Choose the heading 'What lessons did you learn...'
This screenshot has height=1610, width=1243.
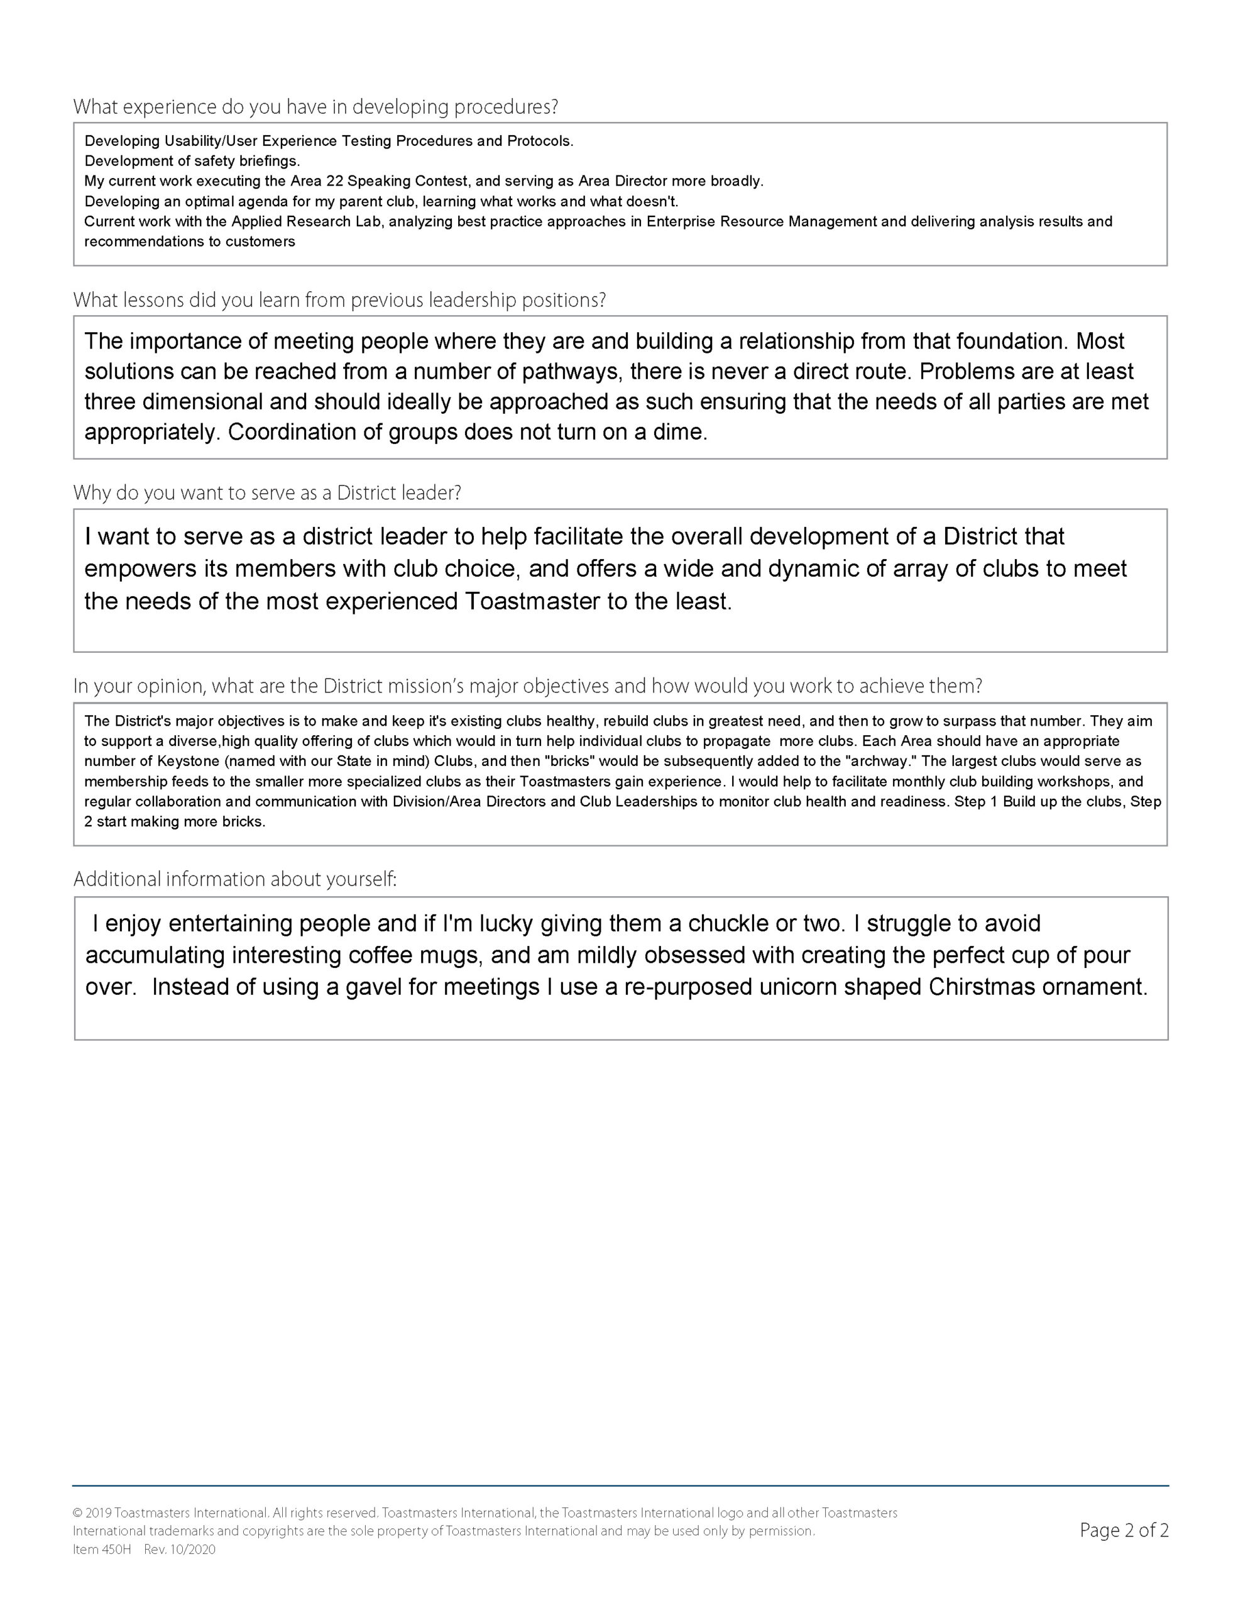[339, 301]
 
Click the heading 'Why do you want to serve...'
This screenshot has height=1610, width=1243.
[266, 493]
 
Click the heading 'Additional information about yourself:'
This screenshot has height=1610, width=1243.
[235, 879]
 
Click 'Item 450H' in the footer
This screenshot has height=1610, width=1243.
[102, 1550]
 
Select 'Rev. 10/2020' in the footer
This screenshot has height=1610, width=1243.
[180, 1550]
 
